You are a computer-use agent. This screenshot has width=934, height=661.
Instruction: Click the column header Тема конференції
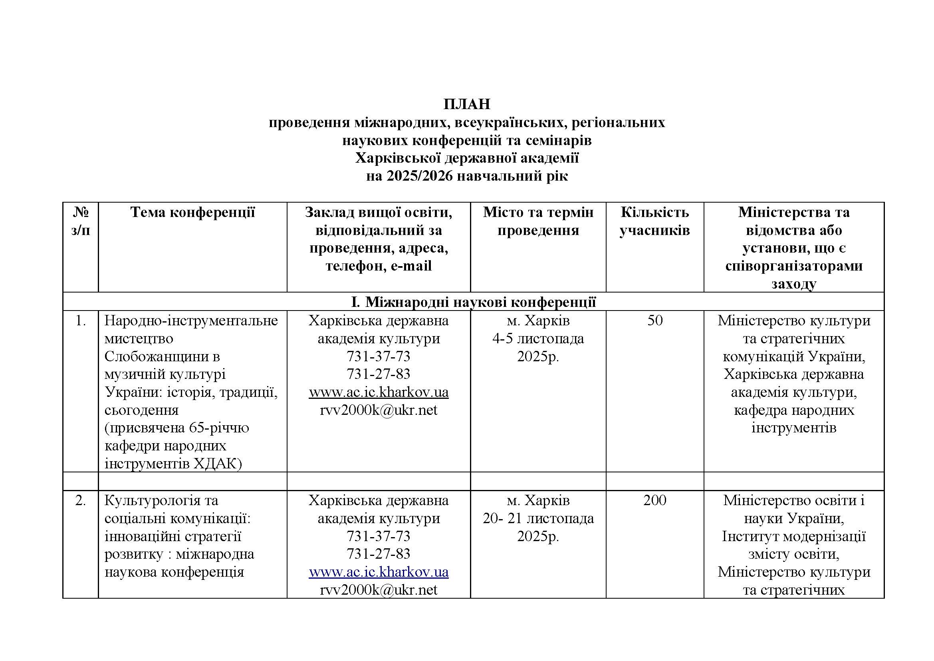(x=192, y=213)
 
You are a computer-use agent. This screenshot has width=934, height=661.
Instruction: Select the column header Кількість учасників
(x=654, y=221)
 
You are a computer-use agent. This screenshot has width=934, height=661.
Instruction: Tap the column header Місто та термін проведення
(x=538, y=221)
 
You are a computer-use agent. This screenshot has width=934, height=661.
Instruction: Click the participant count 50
(x=655, y=321)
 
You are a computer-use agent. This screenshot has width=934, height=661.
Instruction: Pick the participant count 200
(x=654, y=500)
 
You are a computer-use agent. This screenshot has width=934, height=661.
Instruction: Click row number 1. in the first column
(x=81, y=321)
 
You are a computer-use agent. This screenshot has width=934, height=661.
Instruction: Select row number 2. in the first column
(x=81, y=500)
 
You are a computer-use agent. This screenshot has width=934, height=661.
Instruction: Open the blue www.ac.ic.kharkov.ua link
(x=378, y=572)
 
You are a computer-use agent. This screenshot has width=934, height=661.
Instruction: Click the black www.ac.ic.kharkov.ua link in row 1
(x=378, y=392)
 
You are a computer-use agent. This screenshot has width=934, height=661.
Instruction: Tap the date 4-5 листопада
(x=538, y=338)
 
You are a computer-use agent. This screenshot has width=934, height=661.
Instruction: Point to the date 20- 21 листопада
(x=538, y=519)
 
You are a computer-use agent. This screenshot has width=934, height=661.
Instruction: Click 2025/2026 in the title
(x=420, y=176)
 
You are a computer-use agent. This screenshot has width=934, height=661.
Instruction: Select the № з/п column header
(x=81, y=221)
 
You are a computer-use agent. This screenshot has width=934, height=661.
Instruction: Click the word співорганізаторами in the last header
(x=794, y=266)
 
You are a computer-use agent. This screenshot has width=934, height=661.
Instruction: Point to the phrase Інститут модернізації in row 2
(x=794, y=536)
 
